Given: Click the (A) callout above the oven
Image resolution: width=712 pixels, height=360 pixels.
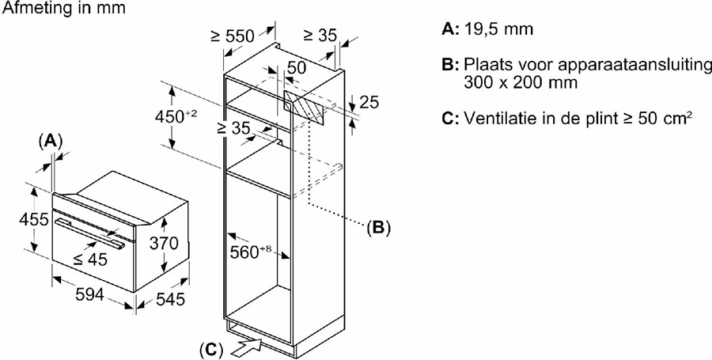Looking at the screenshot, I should coord(50,141).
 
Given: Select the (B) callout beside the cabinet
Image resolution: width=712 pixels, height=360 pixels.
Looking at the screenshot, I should coord(378,228).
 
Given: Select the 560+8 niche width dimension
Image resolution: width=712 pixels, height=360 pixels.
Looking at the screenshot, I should coord(252,252).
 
